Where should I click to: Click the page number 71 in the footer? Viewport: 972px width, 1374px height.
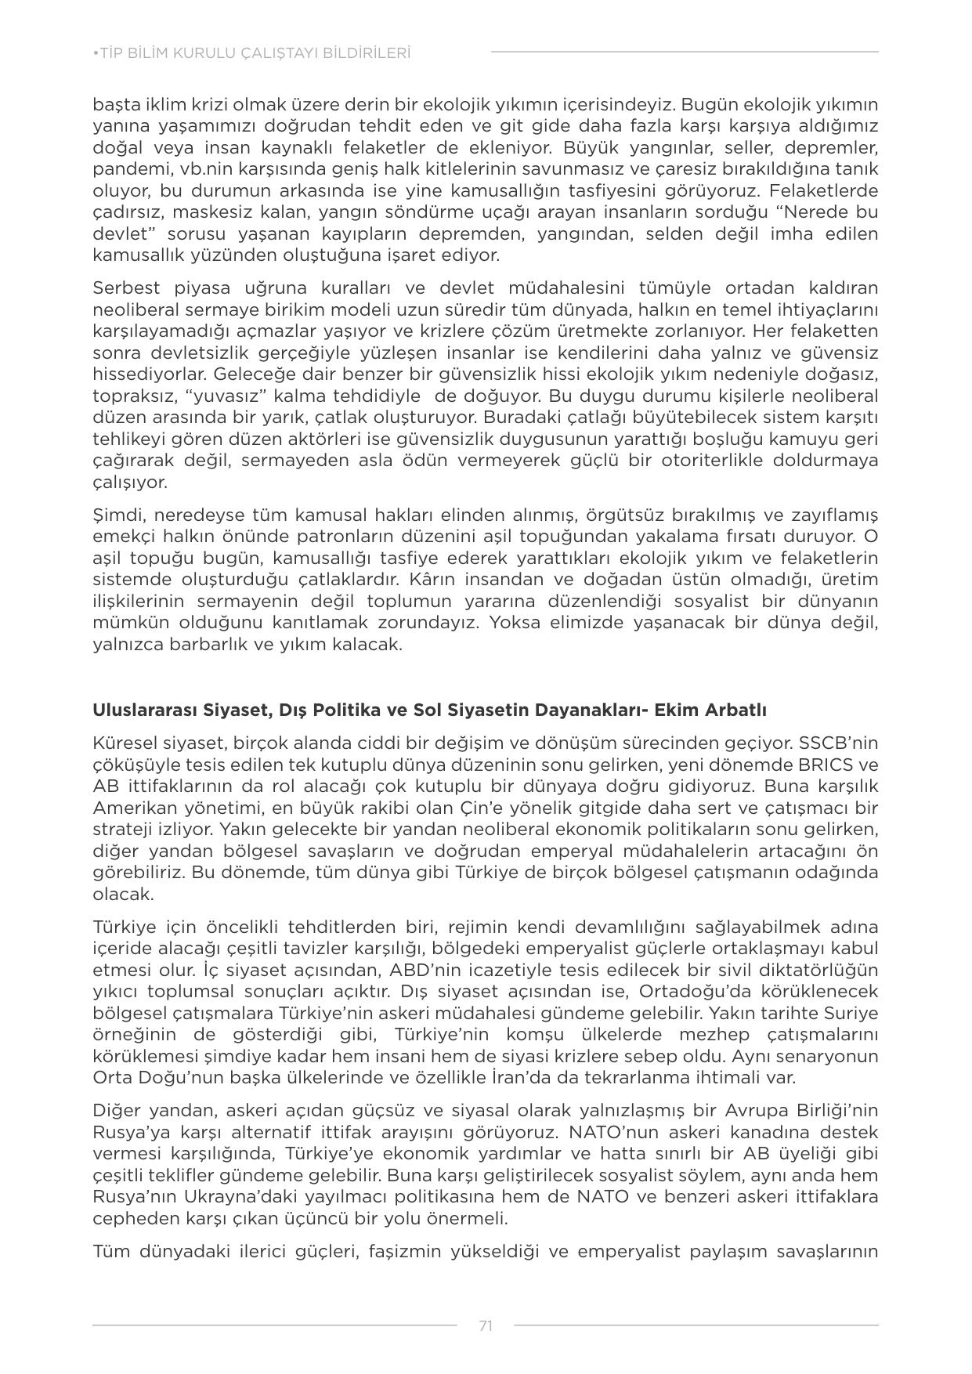(486, 1325)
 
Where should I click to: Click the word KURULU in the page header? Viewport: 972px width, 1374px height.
(222, 53)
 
